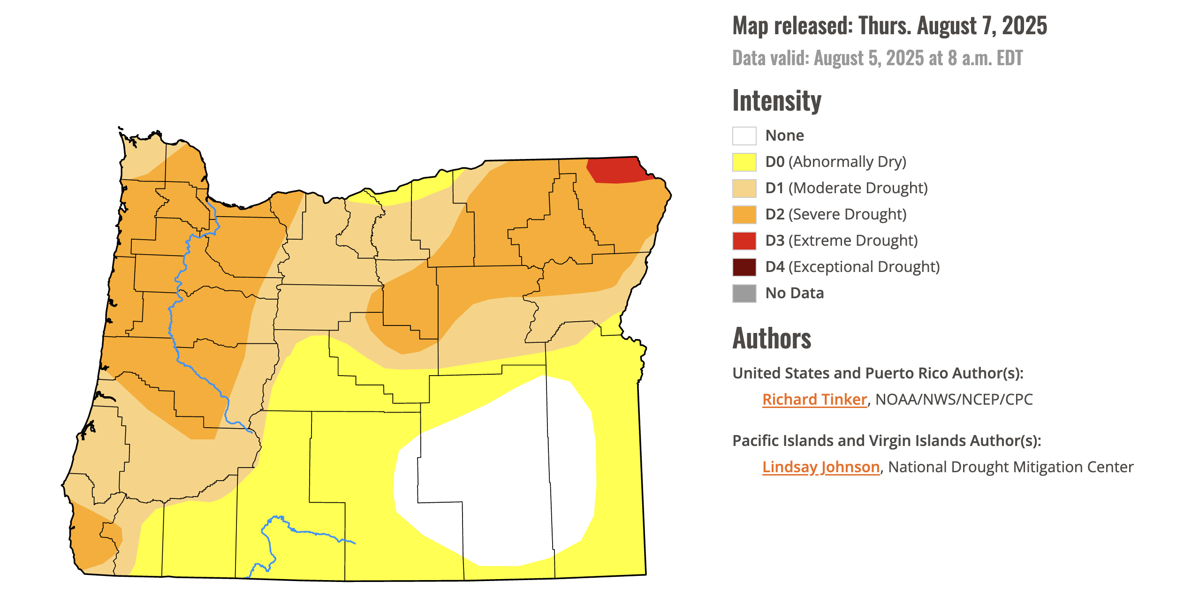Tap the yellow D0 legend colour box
tap(744, 162)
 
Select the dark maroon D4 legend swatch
tap(744, 267)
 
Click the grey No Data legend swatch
tap(744, 294)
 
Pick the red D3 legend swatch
tap(744, 241)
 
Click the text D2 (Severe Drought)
tap(835, 214)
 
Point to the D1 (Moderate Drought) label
tap(846, 188)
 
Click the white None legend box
tap(744, 136)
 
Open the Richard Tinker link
tap(814, 400)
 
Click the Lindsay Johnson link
tap(820, 467)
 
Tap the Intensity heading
tap(776, 101)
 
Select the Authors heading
tap(772, 339)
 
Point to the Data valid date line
tap(877, 59)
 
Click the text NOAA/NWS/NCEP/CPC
tap(954, 400)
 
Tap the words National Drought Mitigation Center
tap(1010, 467)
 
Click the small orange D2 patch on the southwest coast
tap(91, 539)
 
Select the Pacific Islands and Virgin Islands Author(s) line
tap(887, 441)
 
